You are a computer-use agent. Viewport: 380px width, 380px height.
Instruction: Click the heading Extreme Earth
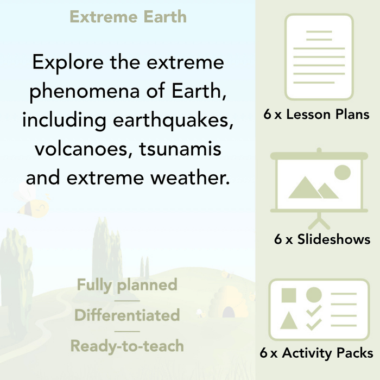(128, 17)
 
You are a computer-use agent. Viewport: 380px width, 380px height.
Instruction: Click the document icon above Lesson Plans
(319, 57)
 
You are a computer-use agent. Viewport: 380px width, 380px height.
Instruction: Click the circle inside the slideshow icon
(342, 173)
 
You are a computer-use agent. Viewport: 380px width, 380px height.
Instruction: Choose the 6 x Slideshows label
(322, 239)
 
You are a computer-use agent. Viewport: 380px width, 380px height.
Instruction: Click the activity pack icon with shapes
(319, 310)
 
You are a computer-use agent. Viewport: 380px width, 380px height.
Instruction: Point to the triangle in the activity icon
(289, 321)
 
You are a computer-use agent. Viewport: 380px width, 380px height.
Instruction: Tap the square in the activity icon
(289, 295)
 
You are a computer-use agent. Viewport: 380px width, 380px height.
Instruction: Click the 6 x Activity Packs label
(316, 353)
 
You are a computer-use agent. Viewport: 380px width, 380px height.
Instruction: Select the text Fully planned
(127, 285)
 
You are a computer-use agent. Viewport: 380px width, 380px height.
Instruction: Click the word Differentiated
(127, 315)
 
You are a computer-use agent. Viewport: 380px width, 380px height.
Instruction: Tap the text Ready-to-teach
(127, 346)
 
